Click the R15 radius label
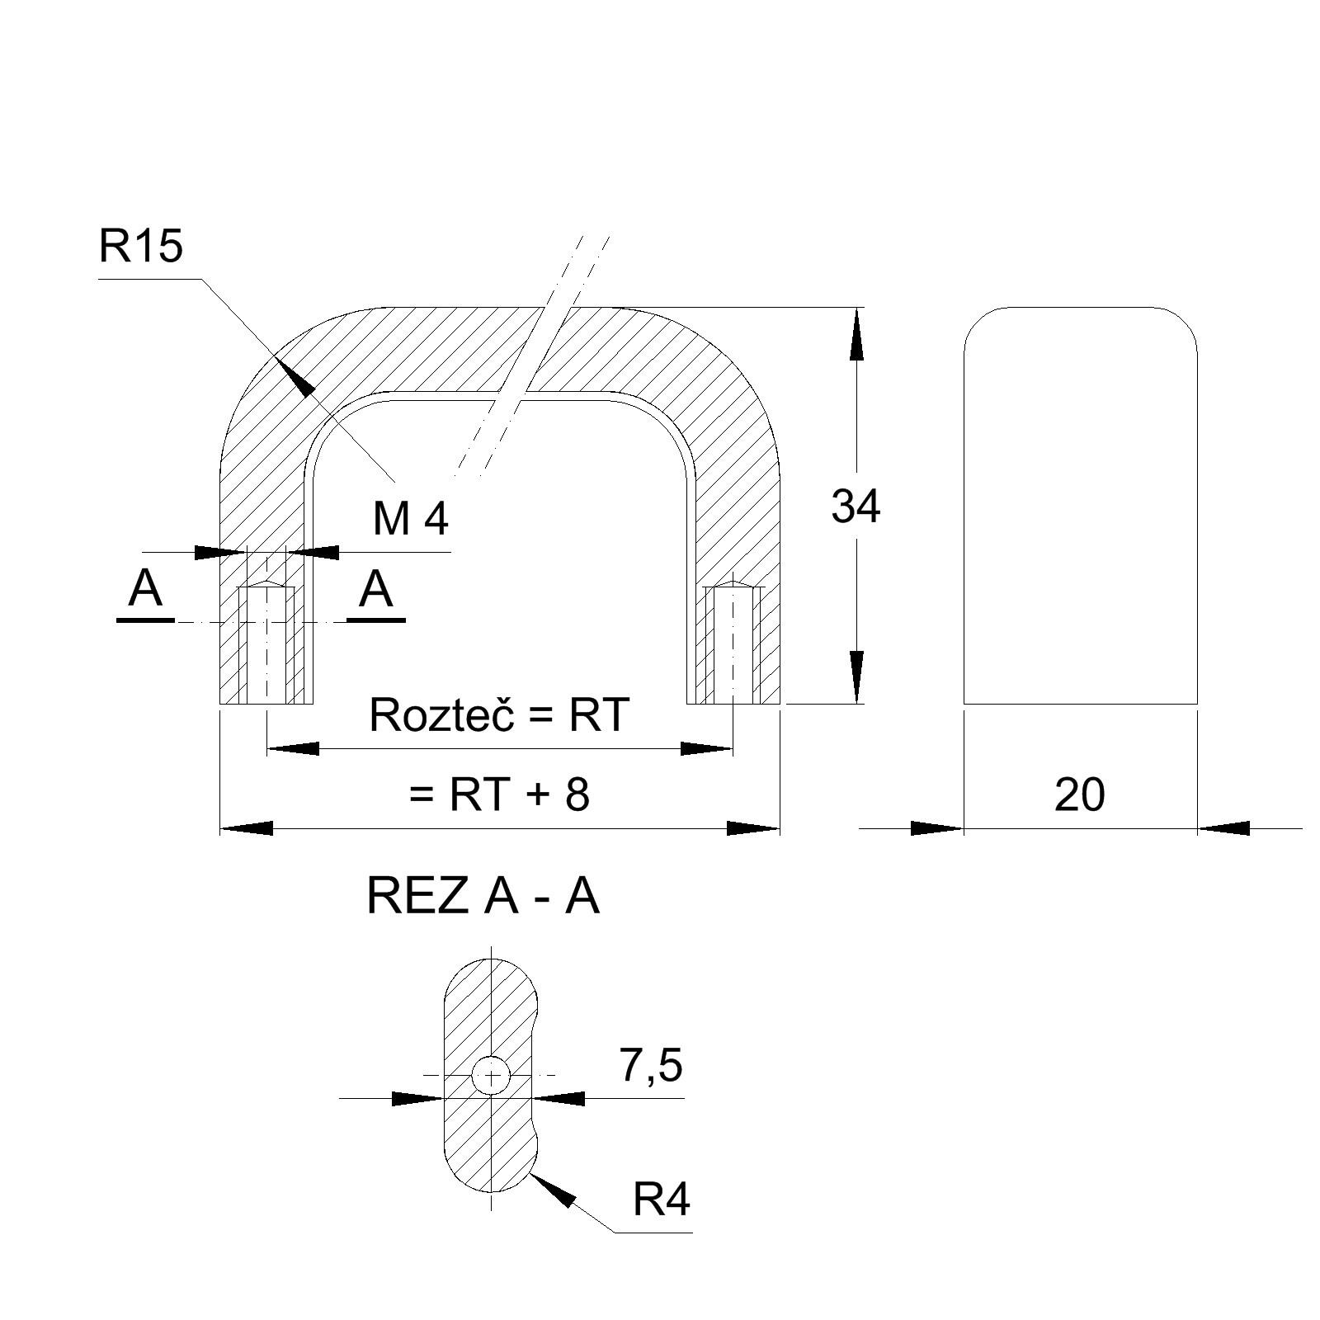140,246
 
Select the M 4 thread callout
411,519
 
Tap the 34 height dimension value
856,507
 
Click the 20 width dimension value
1079,795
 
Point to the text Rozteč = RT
498,714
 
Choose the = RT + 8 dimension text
499,795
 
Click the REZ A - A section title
483,897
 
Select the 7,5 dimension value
651,1065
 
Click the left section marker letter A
146,590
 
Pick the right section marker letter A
376,590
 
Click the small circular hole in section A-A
492,1075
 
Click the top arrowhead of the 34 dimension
856,334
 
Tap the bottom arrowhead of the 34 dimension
856,676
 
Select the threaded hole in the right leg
733,643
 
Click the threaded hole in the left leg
266,643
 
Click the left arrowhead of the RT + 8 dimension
246,827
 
